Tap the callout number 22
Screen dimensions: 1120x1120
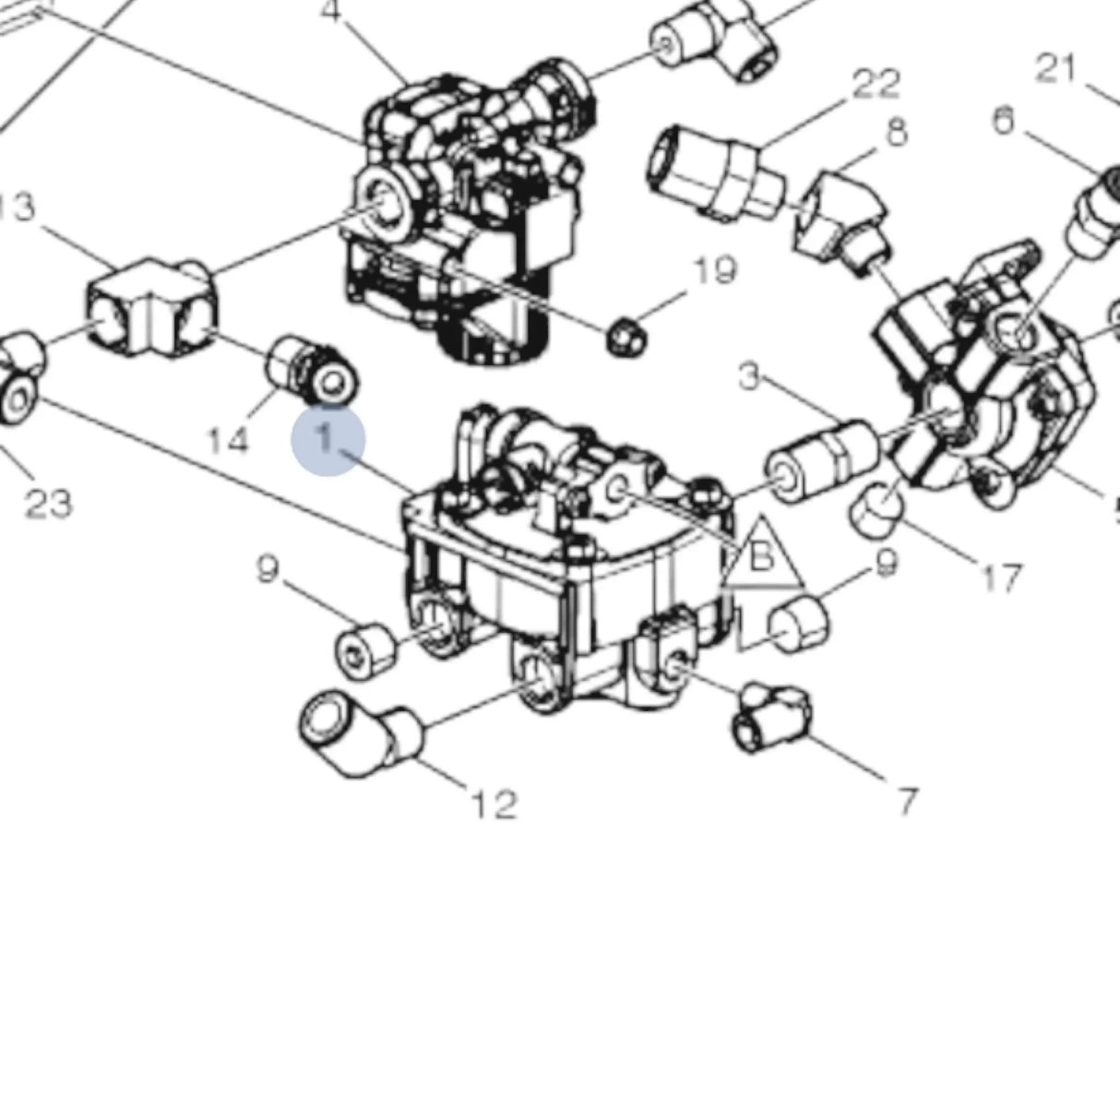pos(875,84)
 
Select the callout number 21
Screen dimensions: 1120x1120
pos(1055,67)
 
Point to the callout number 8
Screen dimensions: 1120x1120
pos(896,131)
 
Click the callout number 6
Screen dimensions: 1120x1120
pos(1003,120)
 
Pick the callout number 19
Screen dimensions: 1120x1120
pos(715,270)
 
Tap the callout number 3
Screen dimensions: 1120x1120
pos(749,376)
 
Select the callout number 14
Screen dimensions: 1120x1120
pos(227,440)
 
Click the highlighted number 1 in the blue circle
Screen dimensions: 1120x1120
pos(328,440)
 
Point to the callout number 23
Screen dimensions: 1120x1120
pos(48,504)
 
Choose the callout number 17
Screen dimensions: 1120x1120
pos(1002,578)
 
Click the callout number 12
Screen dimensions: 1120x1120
pos(494,805)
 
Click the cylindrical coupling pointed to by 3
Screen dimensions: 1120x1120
pos(823,462)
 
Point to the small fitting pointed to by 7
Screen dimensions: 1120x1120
pos(771,718)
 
